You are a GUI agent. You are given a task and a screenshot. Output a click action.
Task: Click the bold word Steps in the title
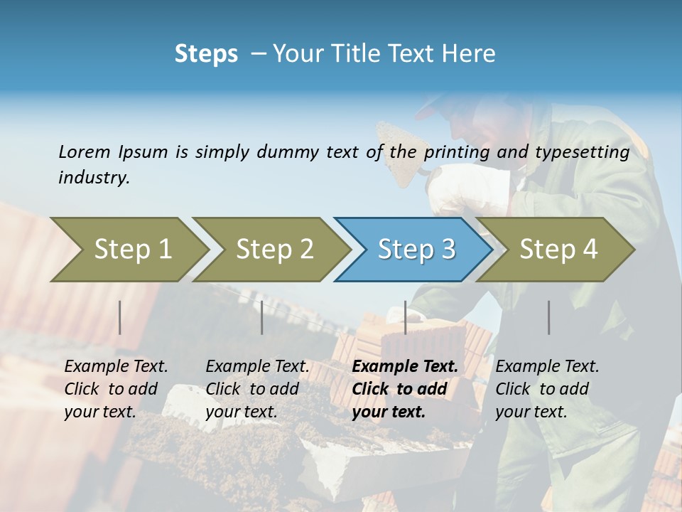click(206, 53)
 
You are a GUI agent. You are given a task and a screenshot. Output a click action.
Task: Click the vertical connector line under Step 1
click(120, 317)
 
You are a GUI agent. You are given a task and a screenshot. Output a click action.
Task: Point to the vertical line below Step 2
click(262, 317)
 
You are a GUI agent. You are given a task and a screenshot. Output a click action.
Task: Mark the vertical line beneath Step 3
click(405, 317)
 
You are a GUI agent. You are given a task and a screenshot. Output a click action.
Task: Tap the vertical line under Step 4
click(549, 317)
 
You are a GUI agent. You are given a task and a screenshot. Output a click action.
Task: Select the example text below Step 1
click(116, 389)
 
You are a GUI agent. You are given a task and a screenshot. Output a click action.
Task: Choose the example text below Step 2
click(257, 389)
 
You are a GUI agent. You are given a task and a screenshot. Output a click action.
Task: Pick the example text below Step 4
click(547, 389)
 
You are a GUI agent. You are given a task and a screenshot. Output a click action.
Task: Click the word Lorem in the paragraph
click(85, 151)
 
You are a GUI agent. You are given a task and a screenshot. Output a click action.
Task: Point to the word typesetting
click(582, 152)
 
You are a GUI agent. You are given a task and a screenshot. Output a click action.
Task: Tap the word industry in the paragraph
click(93, 178)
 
